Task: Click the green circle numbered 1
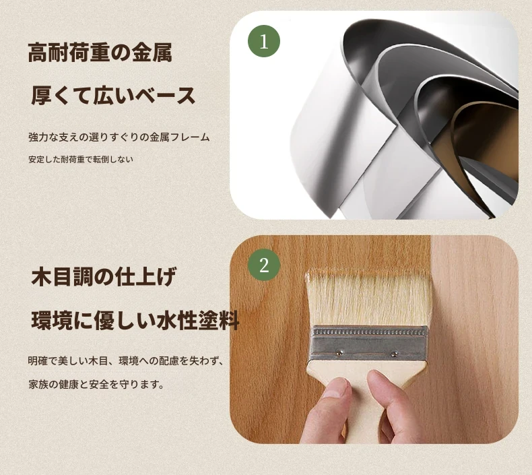[x=264, y=41]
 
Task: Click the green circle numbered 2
[x=264, y=265]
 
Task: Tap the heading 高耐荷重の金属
[x=100, y=53]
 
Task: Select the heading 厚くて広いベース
[x=113, y=96]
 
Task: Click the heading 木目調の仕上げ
[x=104, y=276]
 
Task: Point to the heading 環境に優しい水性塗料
[x=135, y=320]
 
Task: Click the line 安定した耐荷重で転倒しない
[x=81, y=159]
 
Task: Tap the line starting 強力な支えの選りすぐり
[x=119, y=137]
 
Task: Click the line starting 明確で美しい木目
[x=126, y=361]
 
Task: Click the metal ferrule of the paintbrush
[x=369, y=343]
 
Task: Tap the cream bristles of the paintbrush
[x=369, y=298]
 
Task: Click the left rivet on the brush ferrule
[x=339, y=353]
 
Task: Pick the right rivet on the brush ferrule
[x=394, y=354]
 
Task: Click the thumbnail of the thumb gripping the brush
[x=335, y=388]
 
